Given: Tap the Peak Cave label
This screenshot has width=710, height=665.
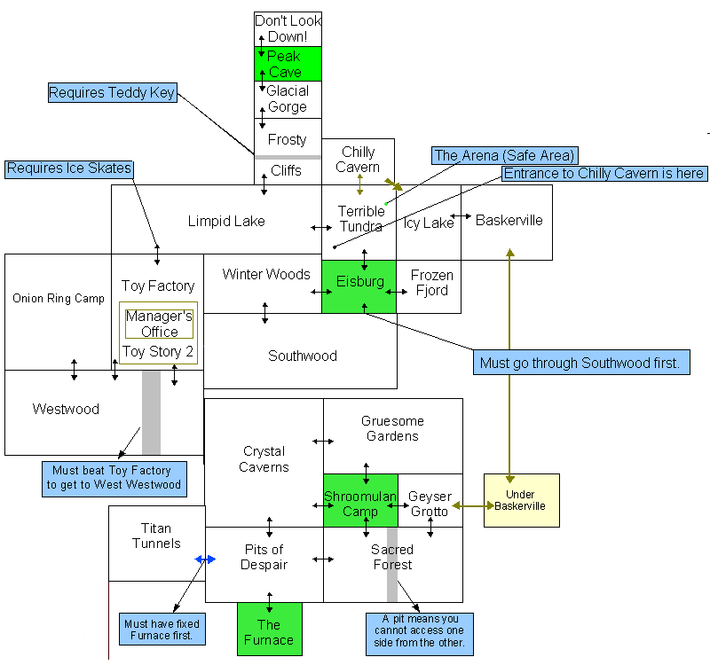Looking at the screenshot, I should pos(286,64).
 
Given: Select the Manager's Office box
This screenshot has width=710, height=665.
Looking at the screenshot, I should pos(159,324).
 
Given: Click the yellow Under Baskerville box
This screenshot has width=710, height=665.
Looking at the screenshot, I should pos(521,500).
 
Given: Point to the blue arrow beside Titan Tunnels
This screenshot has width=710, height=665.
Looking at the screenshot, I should pos(205,559).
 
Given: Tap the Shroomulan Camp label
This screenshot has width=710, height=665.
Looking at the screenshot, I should pos(359,504).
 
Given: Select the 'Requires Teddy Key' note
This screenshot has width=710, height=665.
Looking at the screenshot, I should pos(112,93).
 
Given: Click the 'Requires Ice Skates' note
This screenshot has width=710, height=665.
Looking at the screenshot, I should pos(69,168).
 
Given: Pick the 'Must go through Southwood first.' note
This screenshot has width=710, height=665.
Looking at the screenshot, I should pos(580,363).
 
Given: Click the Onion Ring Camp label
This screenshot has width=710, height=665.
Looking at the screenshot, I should pos(59,298).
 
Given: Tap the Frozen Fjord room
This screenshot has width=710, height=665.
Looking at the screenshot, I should pos(430,284).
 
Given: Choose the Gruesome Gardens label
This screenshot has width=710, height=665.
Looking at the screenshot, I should pos(392,428).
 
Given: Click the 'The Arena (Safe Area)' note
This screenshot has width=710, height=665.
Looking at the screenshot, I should pos(504,156).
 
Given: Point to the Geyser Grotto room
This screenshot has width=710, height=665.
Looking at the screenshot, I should pos(430,503).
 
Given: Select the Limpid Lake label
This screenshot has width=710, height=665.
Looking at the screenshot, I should pos(226,221).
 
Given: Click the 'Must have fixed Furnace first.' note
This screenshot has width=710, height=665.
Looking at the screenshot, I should pos(162,630).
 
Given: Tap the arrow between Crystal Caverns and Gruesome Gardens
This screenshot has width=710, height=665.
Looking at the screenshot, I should pos(323,441).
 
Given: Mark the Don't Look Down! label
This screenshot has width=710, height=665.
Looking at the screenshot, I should pos(288,28).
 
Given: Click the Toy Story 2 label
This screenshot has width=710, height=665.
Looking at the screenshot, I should pos(158,351).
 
